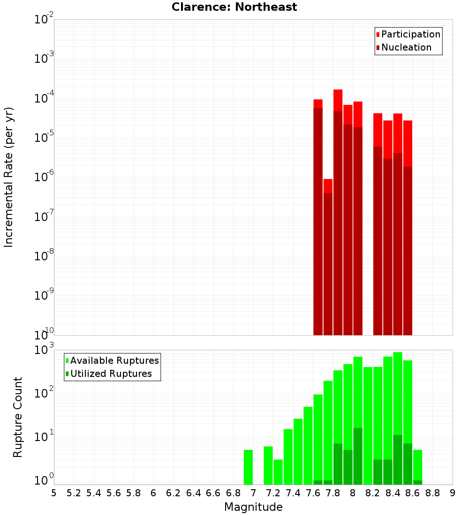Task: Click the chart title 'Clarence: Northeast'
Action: click(234, 7)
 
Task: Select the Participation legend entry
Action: click(408, 34)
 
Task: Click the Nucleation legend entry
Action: click(403, 47)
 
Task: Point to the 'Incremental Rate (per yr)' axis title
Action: click(9, 177)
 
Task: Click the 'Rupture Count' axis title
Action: click(18, 417)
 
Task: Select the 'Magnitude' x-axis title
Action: click(253, 507)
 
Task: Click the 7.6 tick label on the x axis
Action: click(313, 493)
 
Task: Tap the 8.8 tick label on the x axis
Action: click(432, 493)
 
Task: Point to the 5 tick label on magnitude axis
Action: click(54, 493)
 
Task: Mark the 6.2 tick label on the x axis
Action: click(174, 493)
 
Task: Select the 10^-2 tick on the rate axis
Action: click(44, 20)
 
